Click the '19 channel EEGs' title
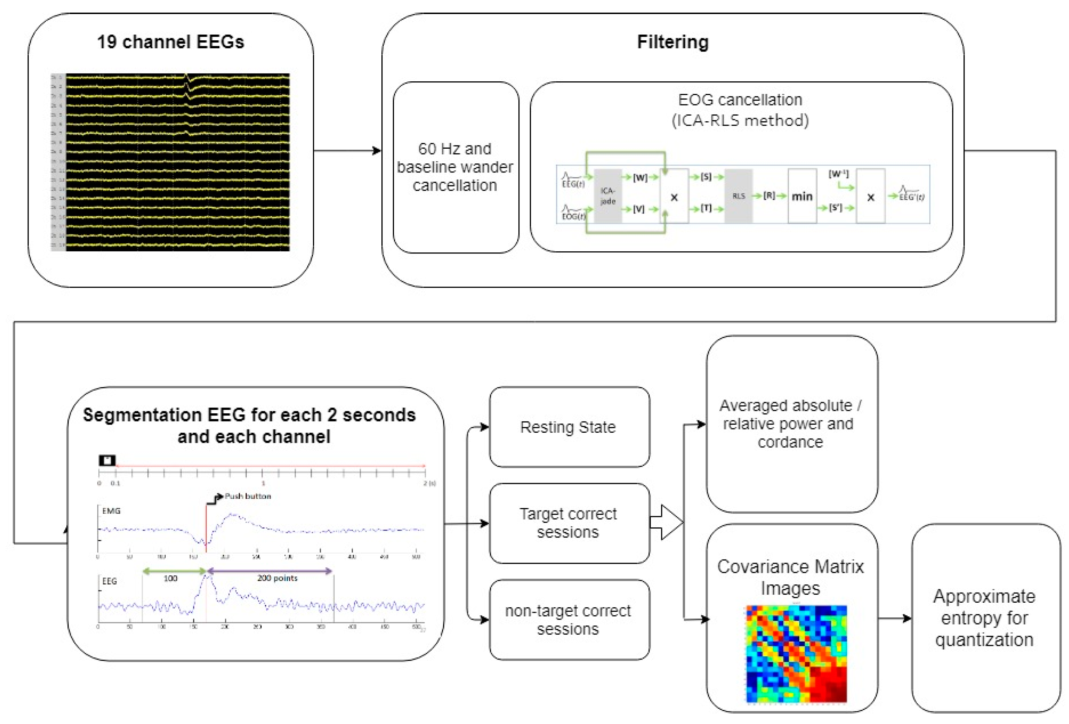pos(170,42)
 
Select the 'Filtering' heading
pos(672,42)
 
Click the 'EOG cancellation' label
pos(740,100)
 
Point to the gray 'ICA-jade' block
pos(608,196)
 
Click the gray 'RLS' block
pos(738,196)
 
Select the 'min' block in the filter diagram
pos(802,196)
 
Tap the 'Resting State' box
pos(569,427)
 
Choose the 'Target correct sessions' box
pos(569,523)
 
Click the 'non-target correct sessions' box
pos(569,619)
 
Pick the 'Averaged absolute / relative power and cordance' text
pos(790,423)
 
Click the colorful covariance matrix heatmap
pos(796,654)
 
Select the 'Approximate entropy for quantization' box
pos(985,618)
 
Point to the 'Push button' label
pos(247,496)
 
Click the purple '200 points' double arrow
pos(269,571)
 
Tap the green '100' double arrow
pos(174,571)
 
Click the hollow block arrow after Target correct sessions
pos(667,522)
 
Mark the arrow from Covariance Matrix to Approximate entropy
pos(894,618)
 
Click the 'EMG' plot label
pos(111,511)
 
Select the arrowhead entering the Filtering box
pos(377,150)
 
